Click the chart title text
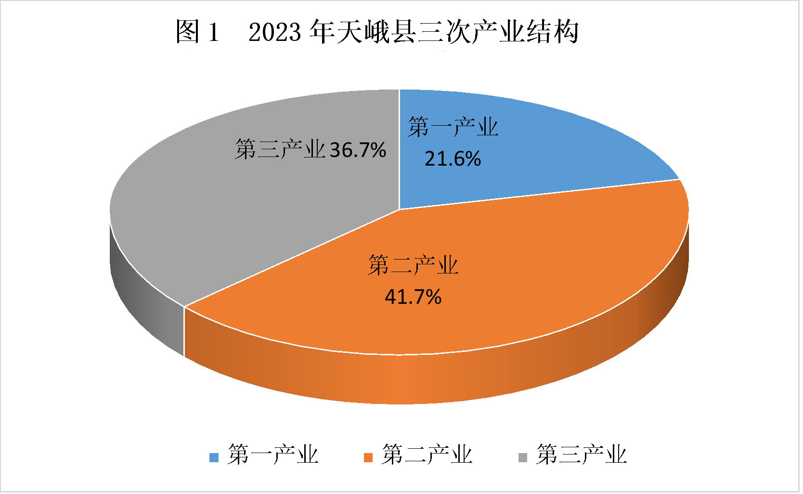[x=377, y=32]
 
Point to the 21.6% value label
[x=453, y=159]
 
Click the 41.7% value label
[x=413, y=297]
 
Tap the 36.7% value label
[x=358, y=150]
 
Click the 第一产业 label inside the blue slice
[x=453, y=127]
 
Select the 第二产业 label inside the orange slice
[x=413, y=265]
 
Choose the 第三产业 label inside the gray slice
[x=280, y=149]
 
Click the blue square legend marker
[x=214, y=457]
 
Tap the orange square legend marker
[x=368, y=457]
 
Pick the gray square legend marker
[x=523, y=457]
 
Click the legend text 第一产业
[x=273, y=455]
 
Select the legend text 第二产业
[x=427, y=455]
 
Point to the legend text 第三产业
[x=582, y=455]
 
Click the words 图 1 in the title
[x=197, y=32]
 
